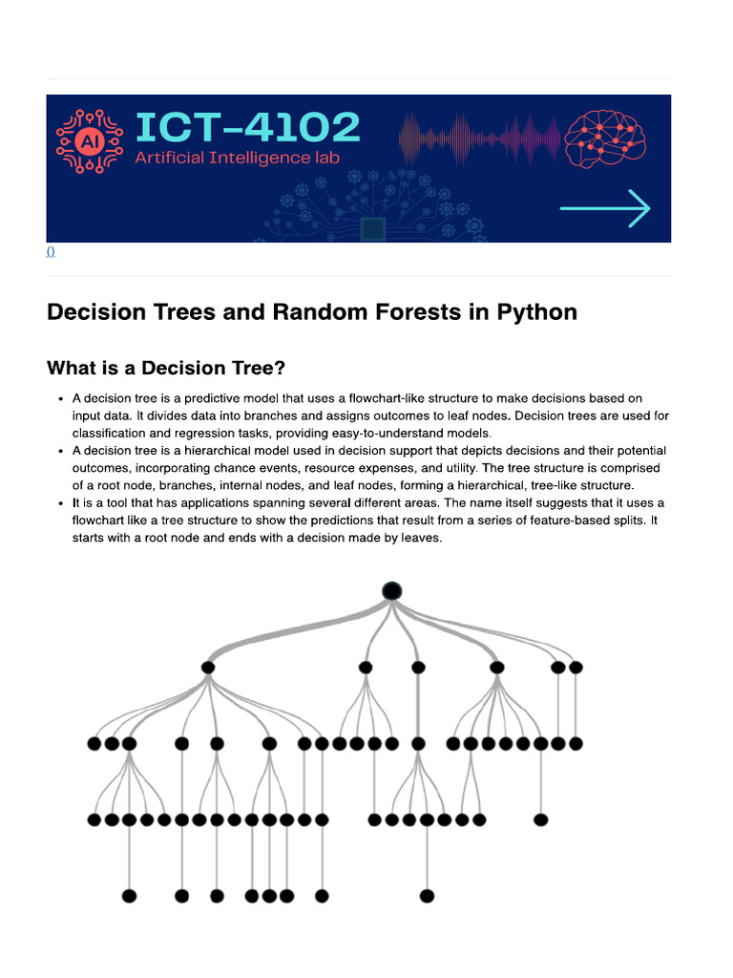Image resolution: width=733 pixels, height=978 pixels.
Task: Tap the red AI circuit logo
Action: (90, 141)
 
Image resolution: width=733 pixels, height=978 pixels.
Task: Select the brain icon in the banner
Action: (605, 138)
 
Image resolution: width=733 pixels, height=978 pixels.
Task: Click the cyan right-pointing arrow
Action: (605, 208)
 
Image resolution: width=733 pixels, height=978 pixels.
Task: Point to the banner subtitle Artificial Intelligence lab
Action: (236, 158)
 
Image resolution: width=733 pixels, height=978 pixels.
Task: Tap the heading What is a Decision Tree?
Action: (166, 368)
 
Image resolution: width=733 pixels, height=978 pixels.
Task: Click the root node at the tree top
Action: (391, 591)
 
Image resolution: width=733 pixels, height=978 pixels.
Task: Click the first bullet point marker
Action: (60, 399)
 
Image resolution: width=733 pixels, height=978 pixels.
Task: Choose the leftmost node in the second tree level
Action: (208, 668)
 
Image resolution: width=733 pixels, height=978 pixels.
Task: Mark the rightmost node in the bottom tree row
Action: (427, 896)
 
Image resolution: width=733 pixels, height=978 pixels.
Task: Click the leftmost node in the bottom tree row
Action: (130, 896)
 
